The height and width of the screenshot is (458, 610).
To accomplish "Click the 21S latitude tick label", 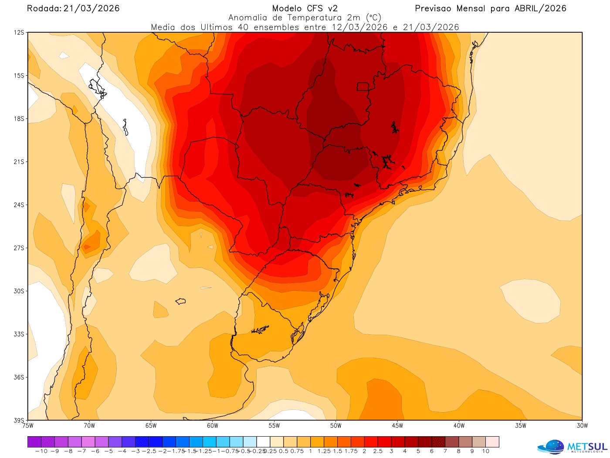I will (x=19, y=162).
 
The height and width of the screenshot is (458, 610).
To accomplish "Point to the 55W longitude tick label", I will (x=274, y=426).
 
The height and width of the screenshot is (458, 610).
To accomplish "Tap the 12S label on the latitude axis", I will (x=19, y=33).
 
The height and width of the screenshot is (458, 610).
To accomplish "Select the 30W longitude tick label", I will (x=582, y=426).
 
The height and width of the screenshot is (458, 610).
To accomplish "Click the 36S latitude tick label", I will (x=19, y=377).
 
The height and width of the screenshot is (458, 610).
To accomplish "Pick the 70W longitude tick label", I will (x=89, y=426).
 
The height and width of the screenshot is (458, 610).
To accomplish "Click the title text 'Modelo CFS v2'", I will (x=305, y=8).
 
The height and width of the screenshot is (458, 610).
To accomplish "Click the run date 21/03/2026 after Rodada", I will (x=91, y=8).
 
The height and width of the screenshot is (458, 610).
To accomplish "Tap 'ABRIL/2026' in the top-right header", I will (x=540, y=8).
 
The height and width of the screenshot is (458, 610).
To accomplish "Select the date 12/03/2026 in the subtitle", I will (x=359, y=27).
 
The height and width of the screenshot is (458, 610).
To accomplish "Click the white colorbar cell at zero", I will (x=263, y=442).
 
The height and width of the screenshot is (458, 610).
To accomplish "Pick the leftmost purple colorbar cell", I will (x=34, y=442).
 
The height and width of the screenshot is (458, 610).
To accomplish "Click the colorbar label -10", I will (x=41, y=451).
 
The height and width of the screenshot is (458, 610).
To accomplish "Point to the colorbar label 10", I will (x=485, y=451).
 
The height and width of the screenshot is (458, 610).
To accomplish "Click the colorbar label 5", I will (x=418, y=451).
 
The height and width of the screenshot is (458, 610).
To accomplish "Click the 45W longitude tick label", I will (x=397, y=426).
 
